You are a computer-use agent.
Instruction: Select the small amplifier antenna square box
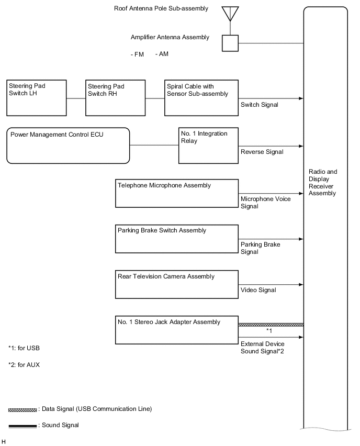(x=230, y=43)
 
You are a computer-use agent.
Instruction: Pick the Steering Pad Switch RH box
(x=116, y=98)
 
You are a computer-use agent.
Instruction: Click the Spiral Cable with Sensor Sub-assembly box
(x=201, y=98)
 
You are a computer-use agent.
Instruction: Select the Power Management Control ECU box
(x=67, y=145)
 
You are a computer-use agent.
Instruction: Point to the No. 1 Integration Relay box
(x=208, y=145)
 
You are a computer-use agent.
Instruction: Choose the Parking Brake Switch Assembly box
(x=177, y=239)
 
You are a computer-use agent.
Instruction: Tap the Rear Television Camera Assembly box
(x=177, y=285)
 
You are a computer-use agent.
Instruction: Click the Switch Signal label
(x=259, y=105)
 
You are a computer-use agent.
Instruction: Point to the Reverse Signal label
(x=262, y=152)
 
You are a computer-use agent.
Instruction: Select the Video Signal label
(x=258, y=289)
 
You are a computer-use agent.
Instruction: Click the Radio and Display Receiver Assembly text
(x=323, y=182)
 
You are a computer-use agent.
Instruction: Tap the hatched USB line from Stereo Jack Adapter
(x=271, y=325)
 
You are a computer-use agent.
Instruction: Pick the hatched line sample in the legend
(x=22, y=409)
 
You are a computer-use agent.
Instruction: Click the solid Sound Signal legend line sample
(x=22, y=426)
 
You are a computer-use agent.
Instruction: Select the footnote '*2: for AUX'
(x=24, y=365)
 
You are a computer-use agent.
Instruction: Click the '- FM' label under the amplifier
(x=138, y=54)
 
